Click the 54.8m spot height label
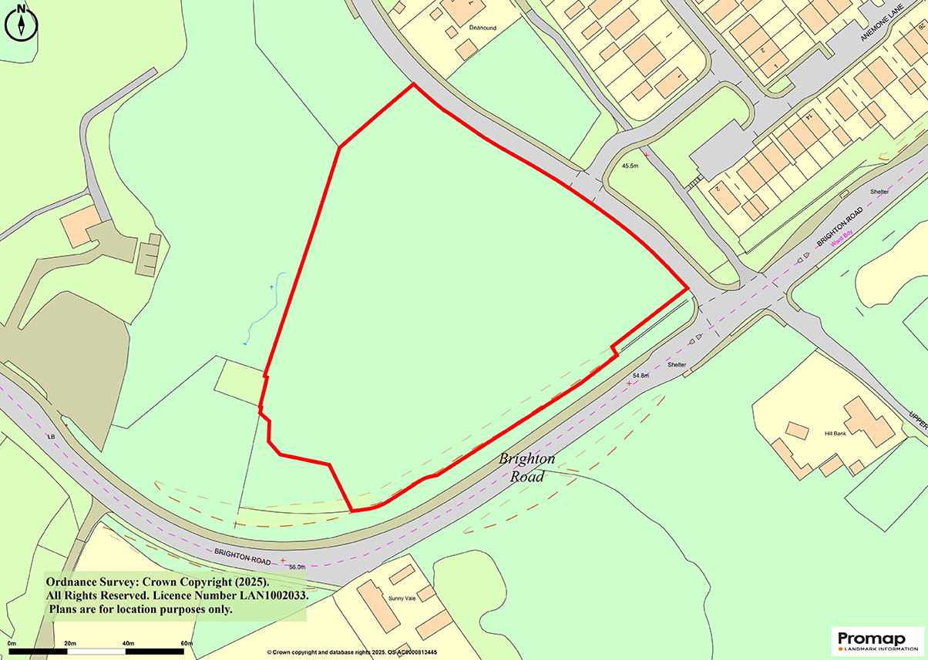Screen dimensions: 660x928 click(641, 375)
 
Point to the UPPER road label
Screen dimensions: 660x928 click(916, 419)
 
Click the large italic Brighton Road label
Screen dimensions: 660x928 click(526, 467)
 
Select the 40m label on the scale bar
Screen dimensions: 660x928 click(128, 643)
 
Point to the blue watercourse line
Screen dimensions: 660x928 click(267, 309)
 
